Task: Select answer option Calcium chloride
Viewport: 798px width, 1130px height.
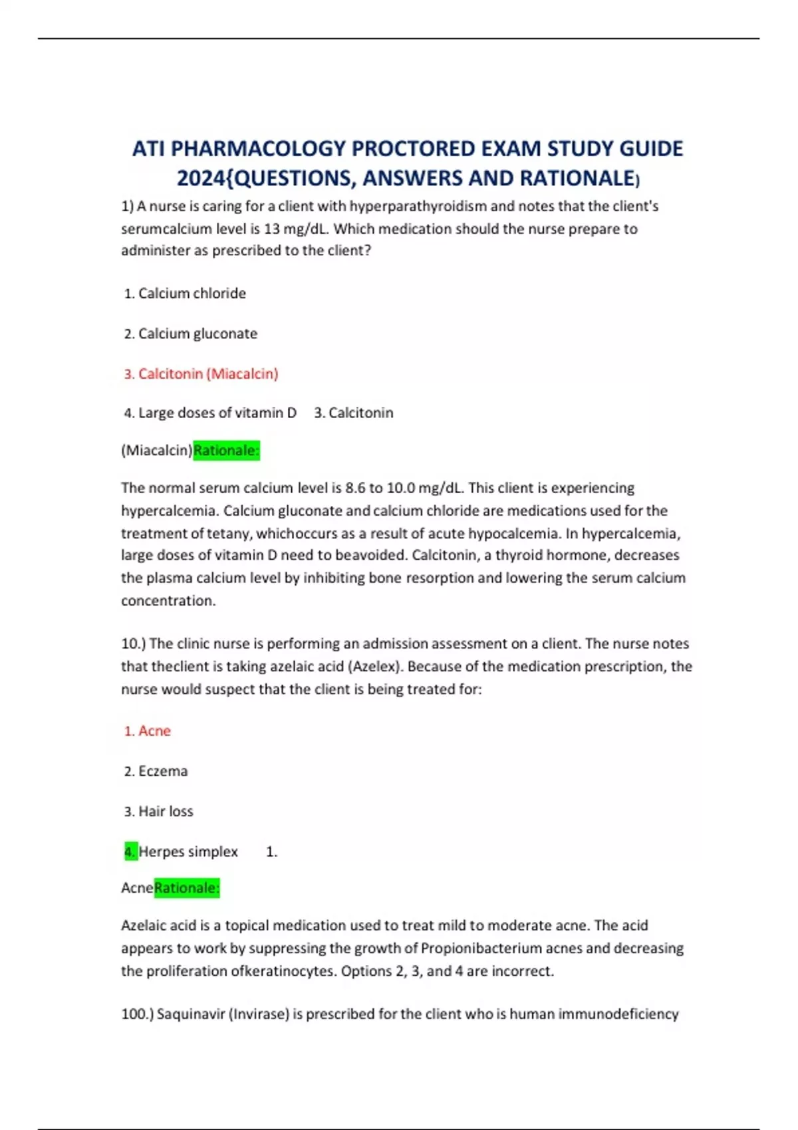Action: click(192, 293)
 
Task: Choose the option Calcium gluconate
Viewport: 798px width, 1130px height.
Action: click(198, 334)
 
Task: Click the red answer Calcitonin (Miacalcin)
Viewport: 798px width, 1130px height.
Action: click(208, 374)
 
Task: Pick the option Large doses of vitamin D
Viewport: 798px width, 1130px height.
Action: click(217, 413)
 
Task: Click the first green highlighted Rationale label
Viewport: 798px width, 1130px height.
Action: click(226, 451)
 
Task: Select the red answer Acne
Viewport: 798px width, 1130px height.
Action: click(154, 731)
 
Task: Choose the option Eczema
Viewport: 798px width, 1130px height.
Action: click(163, 771)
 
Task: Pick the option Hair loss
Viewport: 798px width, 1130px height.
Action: click(166, 811)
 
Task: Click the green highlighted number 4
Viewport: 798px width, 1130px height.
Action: click(130, 851)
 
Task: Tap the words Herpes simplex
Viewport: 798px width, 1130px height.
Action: click(188, 851)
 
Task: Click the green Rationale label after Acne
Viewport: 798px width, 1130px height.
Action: click(187, 888)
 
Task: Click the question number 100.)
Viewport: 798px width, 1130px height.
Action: click(137, 1014)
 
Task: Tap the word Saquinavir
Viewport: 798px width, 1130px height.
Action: click(191, 1014)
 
